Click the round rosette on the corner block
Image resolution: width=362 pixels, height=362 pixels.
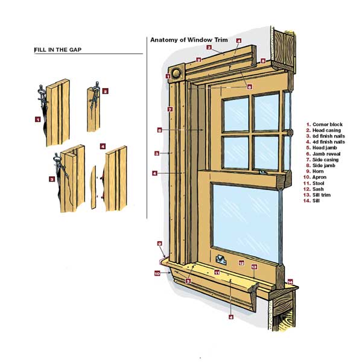pos(176,74)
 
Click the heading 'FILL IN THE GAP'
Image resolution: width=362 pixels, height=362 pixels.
pos(60,50)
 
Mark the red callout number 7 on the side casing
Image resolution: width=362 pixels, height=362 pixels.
pos(170,109)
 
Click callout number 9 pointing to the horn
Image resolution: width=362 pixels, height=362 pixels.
pos(160,244)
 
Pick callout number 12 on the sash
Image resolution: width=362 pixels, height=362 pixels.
pos(241,263)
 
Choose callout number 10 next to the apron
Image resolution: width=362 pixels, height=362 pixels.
pos(157,273)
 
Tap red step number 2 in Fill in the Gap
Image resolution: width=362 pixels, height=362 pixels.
pos(105,92)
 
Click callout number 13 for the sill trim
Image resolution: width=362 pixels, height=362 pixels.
pos(254,267)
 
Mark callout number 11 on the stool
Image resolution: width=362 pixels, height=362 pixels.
pos(215,273)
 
